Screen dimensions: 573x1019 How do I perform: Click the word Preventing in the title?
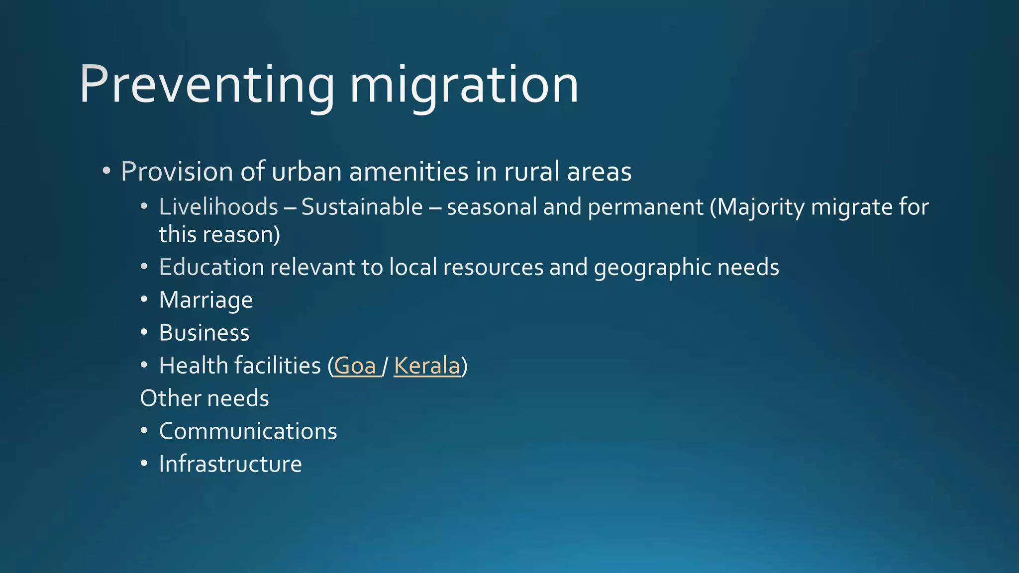[x=206, y=85]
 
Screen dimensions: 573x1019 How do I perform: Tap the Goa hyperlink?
[x=355, y=366]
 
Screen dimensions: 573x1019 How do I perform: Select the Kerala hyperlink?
[x=427, y=366]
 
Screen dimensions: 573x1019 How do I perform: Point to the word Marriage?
[x=205, y=300]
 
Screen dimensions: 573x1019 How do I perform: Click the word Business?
[x=204, y=333]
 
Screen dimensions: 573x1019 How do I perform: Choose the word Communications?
[x=248, y=431]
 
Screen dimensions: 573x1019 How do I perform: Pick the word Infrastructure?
[x=230, y=464]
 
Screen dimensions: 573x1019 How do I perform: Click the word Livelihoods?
[x=218, y=207]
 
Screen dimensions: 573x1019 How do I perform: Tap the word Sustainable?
[x=362, y=207]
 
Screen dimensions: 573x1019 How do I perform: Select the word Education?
[x=211, y=267]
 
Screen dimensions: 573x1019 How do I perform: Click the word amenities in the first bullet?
[x=408, y=172]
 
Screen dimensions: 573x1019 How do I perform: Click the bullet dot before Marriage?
[x=144, y=300]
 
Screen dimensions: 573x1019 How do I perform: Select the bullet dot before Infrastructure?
[x=144, y=464]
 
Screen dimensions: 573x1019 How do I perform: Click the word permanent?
[x=645, y=207]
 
